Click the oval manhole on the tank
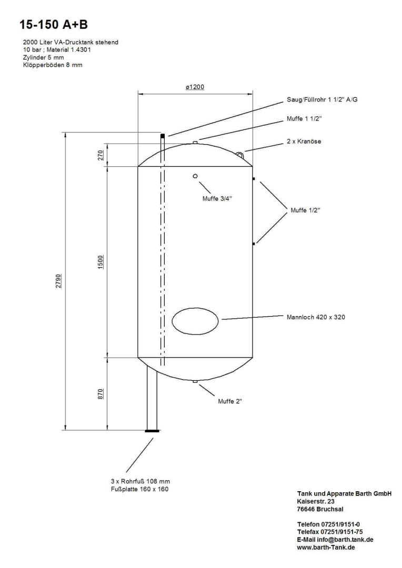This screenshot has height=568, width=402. click(195, 320)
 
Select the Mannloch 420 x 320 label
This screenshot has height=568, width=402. click(316, 317)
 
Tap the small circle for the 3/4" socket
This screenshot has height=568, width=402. click(195, 176)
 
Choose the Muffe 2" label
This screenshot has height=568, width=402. click(230, 401)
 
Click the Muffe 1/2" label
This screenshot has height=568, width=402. click(305, 210)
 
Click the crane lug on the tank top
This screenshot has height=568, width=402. click(240, 154)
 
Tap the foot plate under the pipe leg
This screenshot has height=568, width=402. click(153, 431)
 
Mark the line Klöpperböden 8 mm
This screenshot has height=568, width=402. click(53, 65)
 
